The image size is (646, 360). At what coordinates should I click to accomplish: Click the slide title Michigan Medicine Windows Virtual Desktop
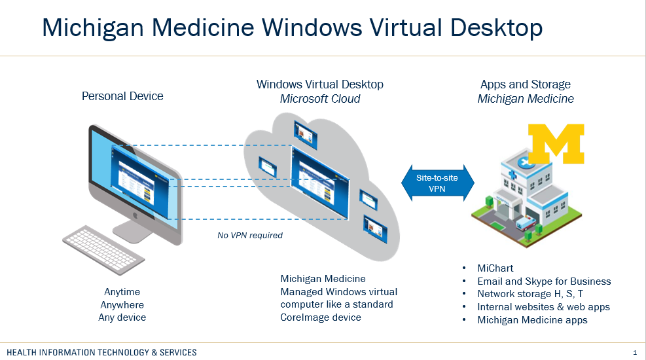[x=292, y=27]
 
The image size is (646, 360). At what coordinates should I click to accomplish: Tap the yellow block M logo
[x=556, y=143]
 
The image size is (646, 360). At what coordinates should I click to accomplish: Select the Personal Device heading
[x=122, y=96]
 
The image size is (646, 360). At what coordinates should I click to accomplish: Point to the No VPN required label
[x=250, y=235]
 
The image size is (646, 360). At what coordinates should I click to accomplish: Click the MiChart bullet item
[x=495, y=268]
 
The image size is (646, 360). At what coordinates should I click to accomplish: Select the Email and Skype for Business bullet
[x=544, y=281]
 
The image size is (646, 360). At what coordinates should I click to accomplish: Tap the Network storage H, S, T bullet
[x=529, y=294]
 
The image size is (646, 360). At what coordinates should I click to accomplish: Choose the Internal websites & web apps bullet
[x=543, y=307]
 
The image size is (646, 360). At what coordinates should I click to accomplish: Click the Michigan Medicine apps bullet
[x=532, y=320]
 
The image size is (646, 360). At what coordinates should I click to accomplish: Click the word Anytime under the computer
[x=122, y=292]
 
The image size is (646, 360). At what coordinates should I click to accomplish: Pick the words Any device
[x=122, y=317]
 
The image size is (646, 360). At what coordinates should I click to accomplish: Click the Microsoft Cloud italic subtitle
[x=320, y=99]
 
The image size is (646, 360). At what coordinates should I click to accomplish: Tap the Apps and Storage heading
[x=526, y=84]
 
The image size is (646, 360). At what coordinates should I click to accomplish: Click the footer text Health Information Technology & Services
[x=101, y=352]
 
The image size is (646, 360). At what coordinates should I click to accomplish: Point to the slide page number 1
[x=634, y=352]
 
